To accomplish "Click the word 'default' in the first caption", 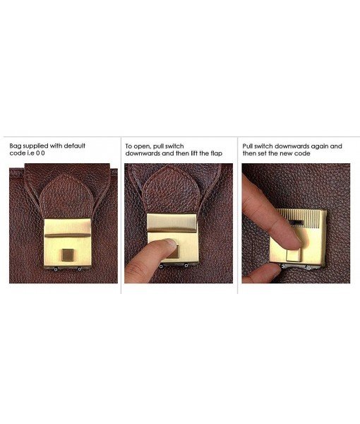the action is (x=75, y=146).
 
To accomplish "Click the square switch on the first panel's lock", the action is (x=66, y=255).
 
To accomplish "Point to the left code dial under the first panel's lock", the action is (x=55, y=269).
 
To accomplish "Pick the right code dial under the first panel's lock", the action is (x=79, y=269).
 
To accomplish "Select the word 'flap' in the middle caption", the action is (x=216, y=153).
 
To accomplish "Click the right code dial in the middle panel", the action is (x=186, y=266).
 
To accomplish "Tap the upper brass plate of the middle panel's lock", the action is (x=172, y=223).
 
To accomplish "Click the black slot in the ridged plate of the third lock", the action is (x=296, y=223).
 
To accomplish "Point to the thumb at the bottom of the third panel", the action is (x=262, y=273).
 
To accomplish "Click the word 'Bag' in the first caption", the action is (x=16, y=146).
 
